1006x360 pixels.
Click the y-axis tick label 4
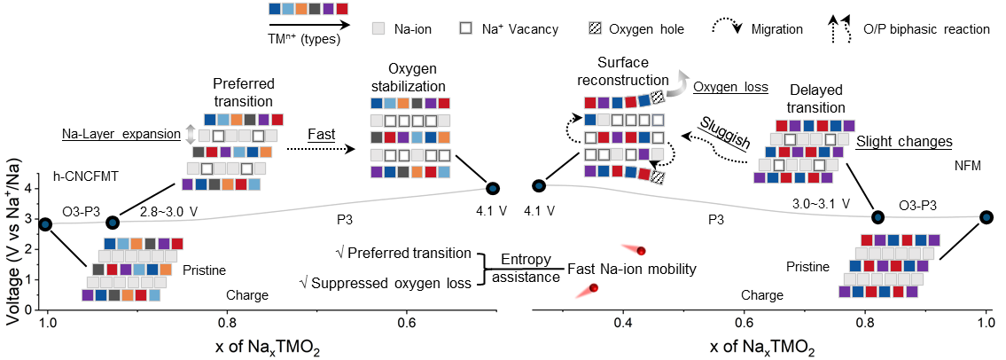29,189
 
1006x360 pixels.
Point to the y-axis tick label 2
29,249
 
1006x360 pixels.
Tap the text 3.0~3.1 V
822,203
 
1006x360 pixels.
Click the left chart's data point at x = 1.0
45,223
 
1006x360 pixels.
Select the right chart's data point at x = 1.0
986,217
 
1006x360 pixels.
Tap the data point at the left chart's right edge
492,188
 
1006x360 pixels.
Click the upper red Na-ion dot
641,251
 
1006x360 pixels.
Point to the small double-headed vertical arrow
189,135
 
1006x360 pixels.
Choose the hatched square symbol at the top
596,27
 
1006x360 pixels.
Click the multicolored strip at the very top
308,9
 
